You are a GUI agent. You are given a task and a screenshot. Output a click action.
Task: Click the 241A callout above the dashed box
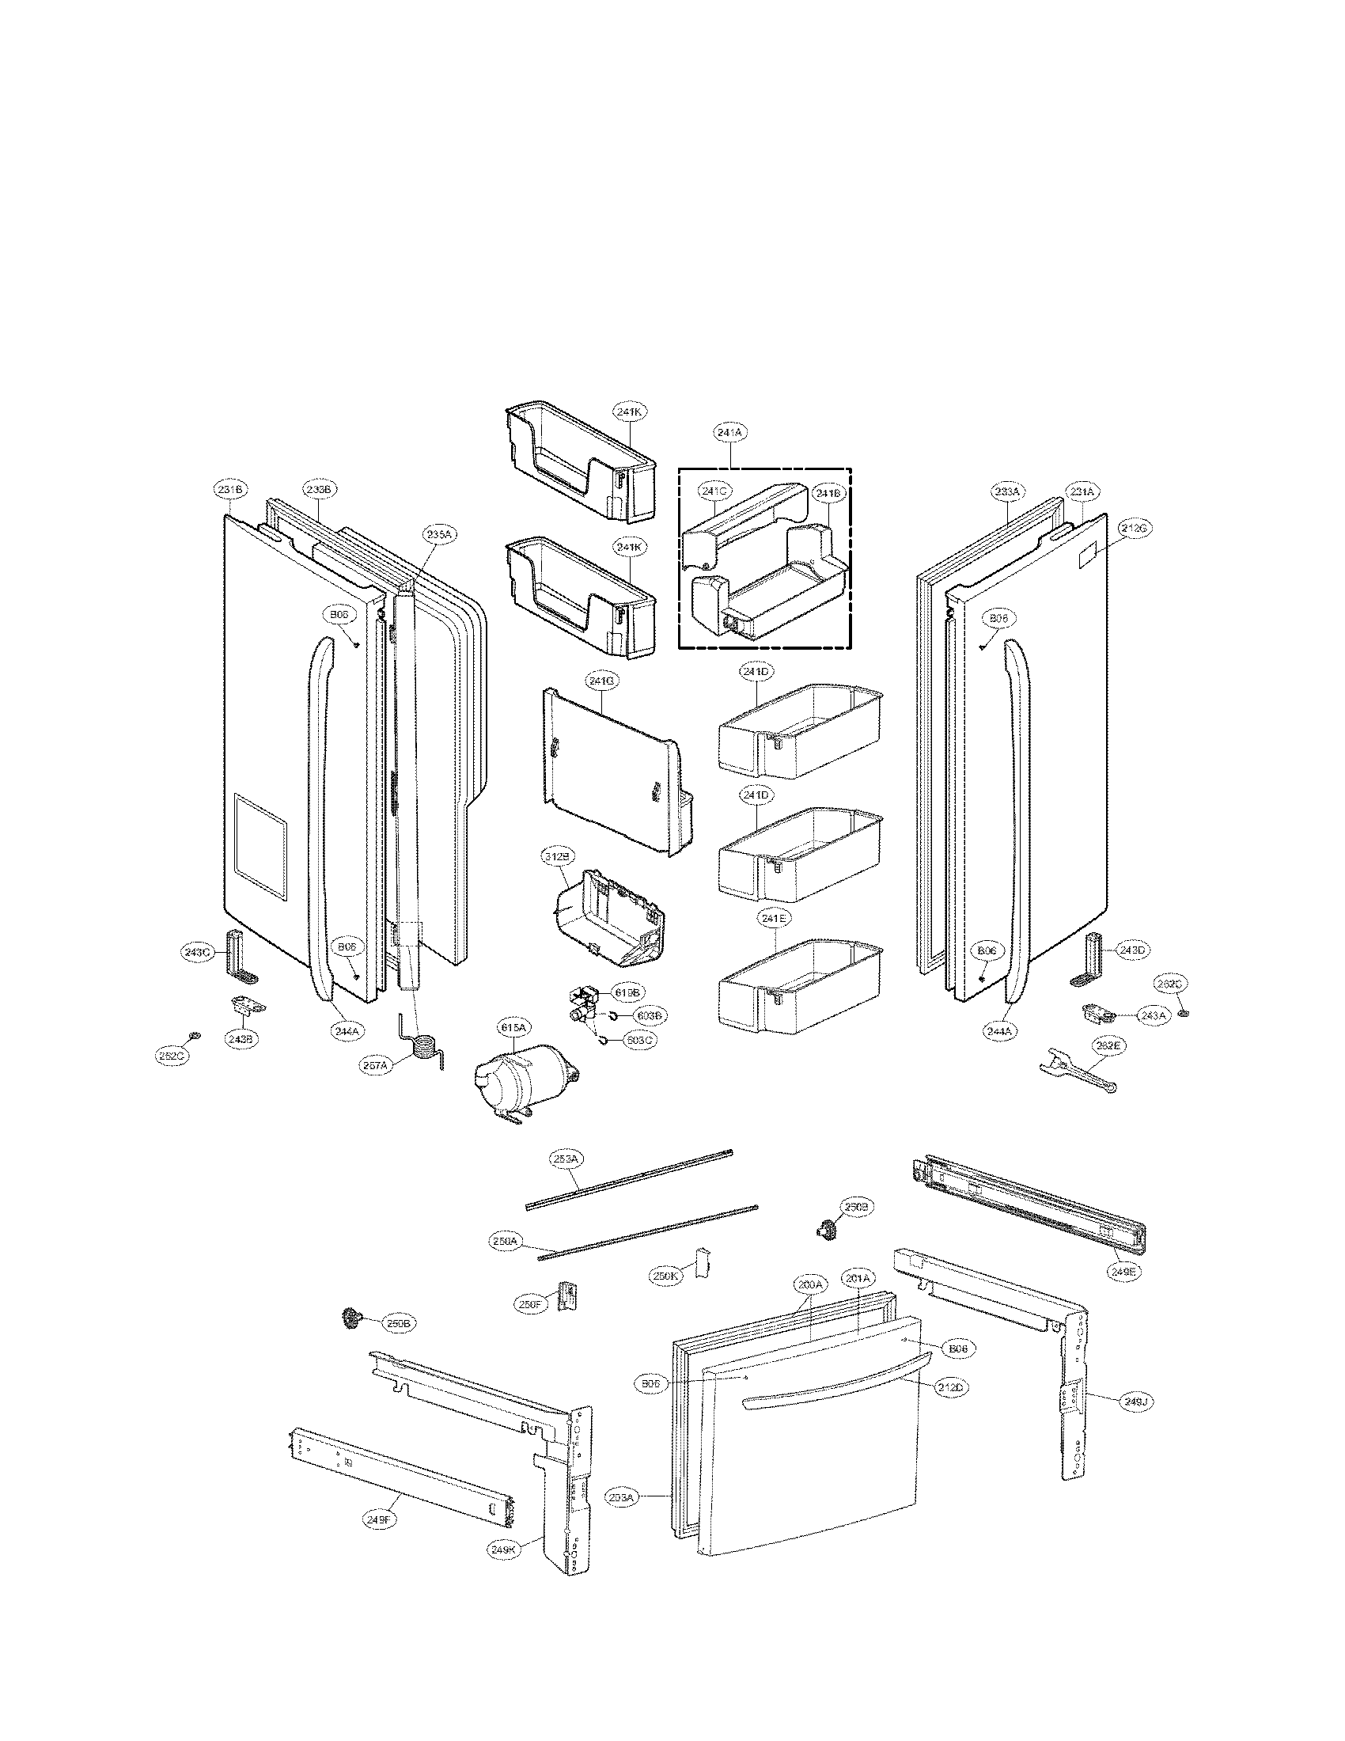click(x=729, y=432)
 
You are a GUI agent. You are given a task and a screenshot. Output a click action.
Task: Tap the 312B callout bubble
click(x=558, y=857)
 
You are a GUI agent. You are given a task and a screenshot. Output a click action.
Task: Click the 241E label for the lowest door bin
click(x=774, y=919)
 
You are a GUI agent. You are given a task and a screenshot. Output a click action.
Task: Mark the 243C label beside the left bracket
click(x=196, y=952)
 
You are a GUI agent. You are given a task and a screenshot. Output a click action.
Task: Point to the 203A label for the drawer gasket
click(x=622, y=1497)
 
